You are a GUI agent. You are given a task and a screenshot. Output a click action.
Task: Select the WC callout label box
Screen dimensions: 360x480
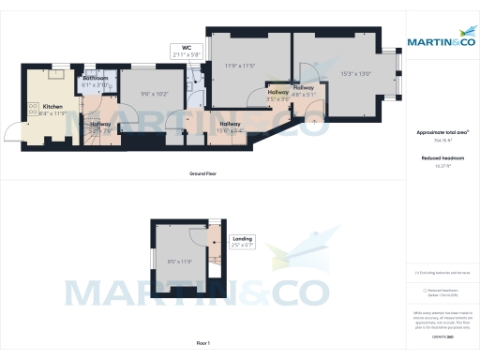point(187,52)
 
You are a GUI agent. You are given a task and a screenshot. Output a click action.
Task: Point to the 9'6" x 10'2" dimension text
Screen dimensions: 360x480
point(153,94)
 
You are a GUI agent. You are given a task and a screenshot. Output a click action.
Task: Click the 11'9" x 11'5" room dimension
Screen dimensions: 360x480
point(240,67)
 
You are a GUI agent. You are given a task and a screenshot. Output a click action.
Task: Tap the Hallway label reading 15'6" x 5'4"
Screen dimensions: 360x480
point(230,127)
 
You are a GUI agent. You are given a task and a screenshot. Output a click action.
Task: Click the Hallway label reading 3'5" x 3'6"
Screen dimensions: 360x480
point(277,95)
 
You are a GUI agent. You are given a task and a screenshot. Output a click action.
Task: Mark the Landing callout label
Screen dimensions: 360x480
point(242,243)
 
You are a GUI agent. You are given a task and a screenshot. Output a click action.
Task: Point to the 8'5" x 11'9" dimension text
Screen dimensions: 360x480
point(179,262)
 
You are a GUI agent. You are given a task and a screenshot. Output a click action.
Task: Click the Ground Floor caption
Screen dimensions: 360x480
point(204,175)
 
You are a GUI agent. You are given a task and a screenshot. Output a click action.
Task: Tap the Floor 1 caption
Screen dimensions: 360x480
point(204,347)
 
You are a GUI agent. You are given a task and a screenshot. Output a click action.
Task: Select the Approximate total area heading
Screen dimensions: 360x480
point(442,132)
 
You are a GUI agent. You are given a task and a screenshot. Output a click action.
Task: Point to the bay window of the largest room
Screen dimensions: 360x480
point(397,75)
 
